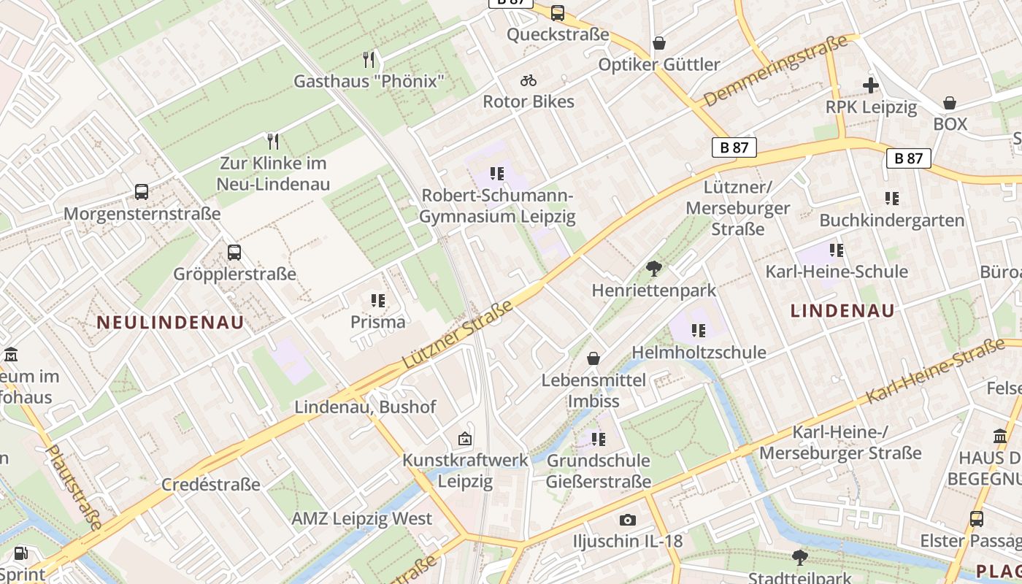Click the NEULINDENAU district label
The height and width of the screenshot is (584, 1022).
pyautogui.click(x=170, y=323)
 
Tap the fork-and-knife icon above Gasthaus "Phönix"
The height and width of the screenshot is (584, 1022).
pyautogui.click(x=369, y=60)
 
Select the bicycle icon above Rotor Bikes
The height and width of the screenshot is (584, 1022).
pyautogui.click(x=529, y=80)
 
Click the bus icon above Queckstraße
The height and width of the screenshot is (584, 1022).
pyautogui.click(x=558, y=12)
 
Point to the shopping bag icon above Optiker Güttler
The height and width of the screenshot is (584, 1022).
pyautogui.click(x=659, y=43)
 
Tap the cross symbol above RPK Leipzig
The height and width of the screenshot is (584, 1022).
pyautogui.click(x=870, y=85)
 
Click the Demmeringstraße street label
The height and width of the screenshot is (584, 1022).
pyautogui.click(x=775, y=70)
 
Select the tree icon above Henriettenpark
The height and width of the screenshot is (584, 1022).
pyautogui.click(x=654, y=269)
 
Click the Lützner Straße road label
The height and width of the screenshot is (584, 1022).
pyautogui.click(x=458, y=334)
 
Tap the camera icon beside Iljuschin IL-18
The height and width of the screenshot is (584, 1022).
pyautogui.click(x=627, y=520)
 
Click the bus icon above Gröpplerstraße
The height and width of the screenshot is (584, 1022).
pyautogui.click(x=234, y=253)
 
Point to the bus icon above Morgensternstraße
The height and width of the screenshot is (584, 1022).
pyautogui.click(x=142, y=192)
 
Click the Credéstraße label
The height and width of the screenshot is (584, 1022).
pyautogui.click(x=211, y=485)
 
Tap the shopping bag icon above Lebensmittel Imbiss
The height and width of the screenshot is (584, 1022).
pyautogui.click(x=594, y=358)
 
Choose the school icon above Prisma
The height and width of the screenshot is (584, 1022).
pyautogui.click(x=377, y=300)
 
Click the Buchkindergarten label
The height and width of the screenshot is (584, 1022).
pyautogui.click(x=891, y=220)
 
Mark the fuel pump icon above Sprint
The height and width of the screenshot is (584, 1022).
pyautogui.click(x=22, y=554)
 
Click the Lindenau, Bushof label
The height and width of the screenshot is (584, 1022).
pyautogui.click(x=365, y=407)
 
